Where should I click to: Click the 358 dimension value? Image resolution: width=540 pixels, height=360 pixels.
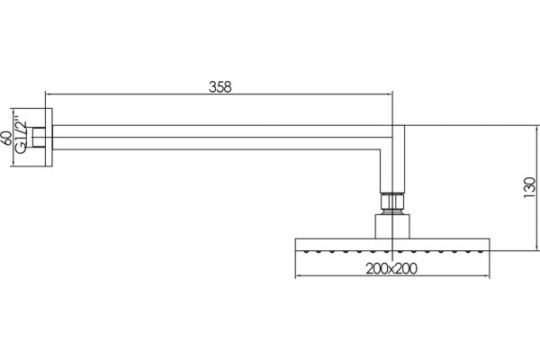[x=220, y=86]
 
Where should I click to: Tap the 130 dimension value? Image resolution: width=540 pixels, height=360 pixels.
[x=529, y=188]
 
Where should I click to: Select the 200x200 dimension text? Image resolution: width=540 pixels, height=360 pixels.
[x=391, y=268]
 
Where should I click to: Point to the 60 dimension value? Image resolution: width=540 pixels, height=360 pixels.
[x=7, y=138]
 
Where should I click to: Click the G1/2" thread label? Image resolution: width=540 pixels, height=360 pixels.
[x=21, y=138]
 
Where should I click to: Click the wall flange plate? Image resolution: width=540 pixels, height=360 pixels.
[x=49, y=138]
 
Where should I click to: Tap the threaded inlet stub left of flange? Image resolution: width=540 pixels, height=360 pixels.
[x=39, y=138]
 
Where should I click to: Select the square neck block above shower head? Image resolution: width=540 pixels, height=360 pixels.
[x=392, y=226]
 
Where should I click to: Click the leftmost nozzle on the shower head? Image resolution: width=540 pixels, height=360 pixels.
[x=305, y=252]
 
